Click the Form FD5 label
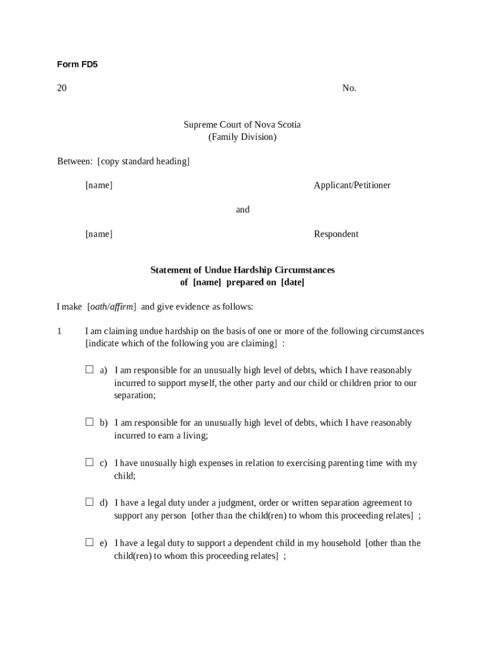point(77,64)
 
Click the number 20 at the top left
point(62,88)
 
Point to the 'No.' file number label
point(349,88)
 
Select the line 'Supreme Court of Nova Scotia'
point(242,125)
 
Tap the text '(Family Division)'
point(242,137)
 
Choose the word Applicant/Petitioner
point(351,185)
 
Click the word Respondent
point(336,234)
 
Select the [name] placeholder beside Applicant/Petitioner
point(99,185)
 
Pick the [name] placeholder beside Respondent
point(99,234)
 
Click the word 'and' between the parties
point(243,210)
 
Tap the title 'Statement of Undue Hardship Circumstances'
point(242,270)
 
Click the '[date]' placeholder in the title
point(292,282)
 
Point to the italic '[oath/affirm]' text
point(111,307)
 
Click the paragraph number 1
point(59,331)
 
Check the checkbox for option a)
point(89,370)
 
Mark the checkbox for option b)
point(89,422)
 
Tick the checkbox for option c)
point(89,462)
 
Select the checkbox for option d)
point(89,502)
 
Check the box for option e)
point(89,542)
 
